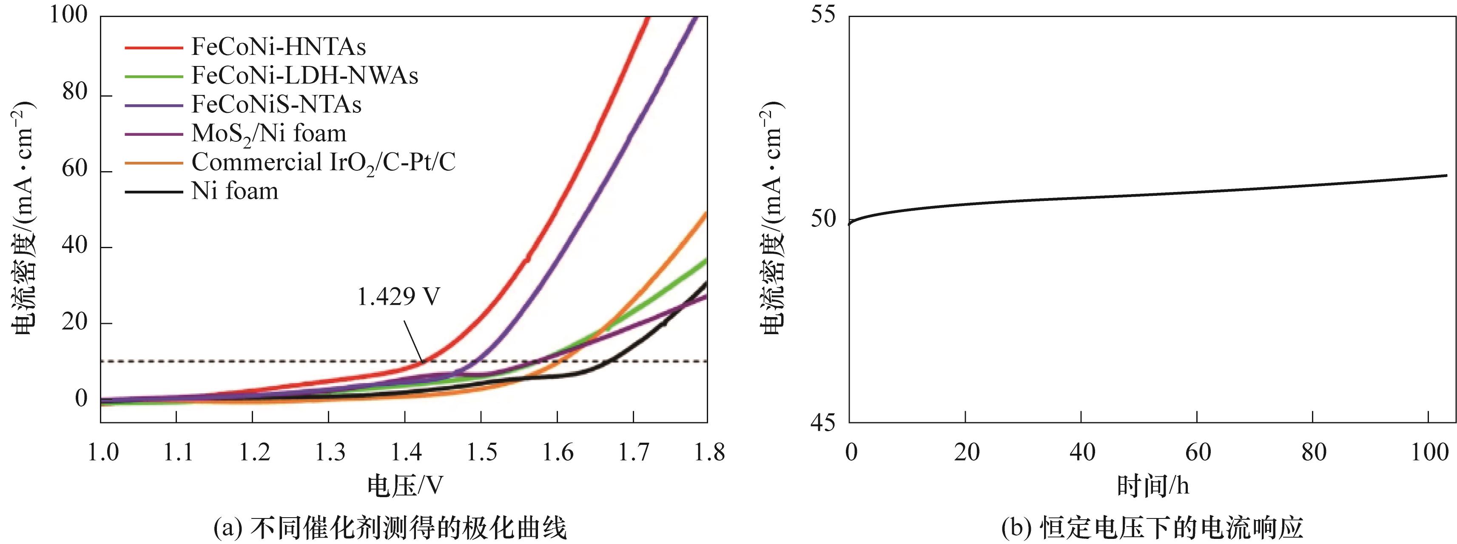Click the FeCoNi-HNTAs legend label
[x=278, y=47]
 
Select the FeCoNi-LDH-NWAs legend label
[x=305, y=76]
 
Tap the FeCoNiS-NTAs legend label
[x=276, y=105]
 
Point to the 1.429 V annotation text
[x=398, y=297]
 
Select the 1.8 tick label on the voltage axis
[x=708, y=453]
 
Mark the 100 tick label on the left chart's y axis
[x=69, y=15]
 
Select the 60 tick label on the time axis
[x=1198, y=453]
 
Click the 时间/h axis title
[x=1152, y=486]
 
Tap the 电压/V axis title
[x=405, y=486]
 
